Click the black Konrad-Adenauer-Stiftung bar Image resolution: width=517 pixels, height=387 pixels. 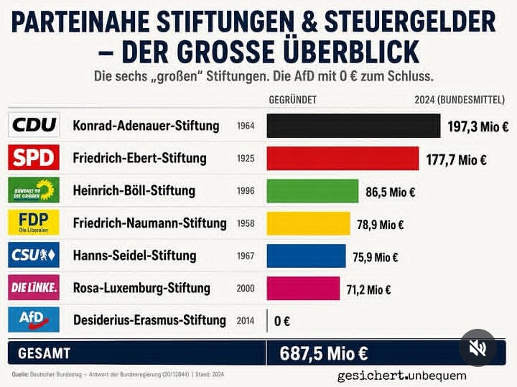(353, 126)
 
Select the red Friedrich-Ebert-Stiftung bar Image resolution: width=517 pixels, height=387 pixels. (343, 158)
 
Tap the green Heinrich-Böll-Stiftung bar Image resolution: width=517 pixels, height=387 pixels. (312, 191)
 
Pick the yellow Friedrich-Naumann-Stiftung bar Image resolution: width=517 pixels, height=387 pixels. (309, 223)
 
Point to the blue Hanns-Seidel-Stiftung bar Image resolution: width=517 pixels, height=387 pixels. (307, 256)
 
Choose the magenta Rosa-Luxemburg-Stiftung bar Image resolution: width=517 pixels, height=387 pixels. (303, 288)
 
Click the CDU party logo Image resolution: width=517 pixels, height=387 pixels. (34, 125)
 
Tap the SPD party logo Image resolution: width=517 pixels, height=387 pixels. (34, 157)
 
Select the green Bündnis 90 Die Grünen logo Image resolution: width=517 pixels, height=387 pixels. (34, 190)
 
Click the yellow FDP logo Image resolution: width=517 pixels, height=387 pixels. (34, 222)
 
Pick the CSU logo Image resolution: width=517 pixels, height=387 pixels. (34, 254)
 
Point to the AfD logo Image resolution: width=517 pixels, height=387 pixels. (34, 320)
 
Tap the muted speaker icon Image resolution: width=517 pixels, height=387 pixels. (478, 348)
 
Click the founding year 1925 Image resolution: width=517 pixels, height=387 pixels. (246, 159)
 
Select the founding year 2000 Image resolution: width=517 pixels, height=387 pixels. (246, 289)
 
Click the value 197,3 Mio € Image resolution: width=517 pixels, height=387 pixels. (478, 126)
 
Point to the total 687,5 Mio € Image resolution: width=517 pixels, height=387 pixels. (323, 353)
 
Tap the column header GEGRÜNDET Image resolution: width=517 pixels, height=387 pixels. (292, 100)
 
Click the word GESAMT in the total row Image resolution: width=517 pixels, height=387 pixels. (45, 353)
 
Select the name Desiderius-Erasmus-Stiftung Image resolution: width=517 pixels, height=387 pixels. (149, 320)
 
